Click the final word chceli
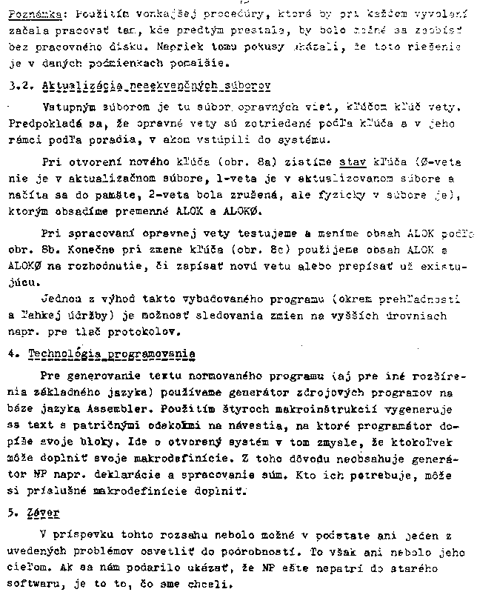coord(229,583)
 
